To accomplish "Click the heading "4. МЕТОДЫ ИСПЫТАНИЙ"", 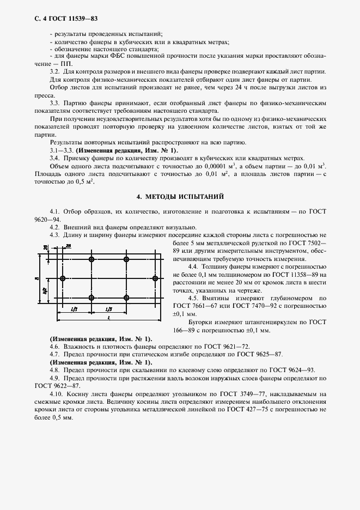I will click(180, 196).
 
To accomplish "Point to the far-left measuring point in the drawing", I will click(63, 278).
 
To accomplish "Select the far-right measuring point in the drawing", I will click(156, 278).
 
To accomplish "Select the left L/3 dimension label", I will click(74, 309).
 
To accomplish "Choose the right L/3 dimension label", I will click(109, 309).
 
